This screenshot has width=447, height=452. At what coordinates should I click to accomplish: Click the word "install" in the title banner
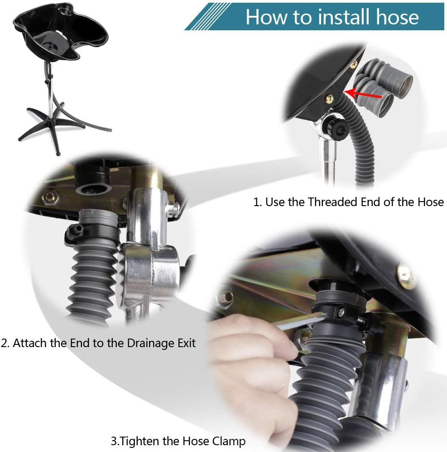point(340,17)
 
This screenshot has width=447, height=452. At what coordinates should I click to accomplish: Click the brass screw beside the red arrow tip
point(329,99)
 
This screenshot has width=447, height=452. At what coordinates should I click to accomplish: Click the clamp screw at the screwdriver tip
point(341,312)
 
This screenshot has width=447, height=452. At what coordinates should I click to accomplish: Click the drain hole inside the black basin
point(51,46)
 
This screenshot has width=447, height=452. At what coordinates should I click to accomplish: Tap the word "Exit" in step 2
point(187,343)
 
